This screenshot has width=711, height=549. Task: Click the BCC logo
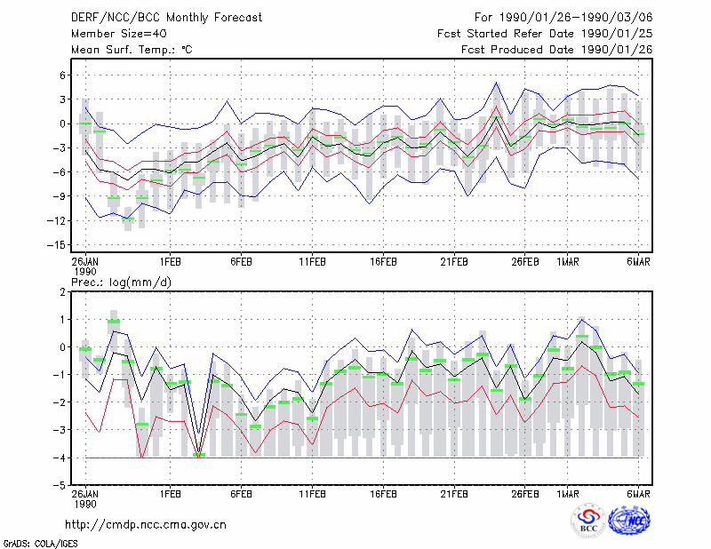588,521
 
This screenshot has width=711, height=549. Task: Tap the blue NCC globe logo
629,521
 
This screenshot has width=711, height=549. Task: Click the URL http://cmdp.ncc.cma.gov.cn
146,525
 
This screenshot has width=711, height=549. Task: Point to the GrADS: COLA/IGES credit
40,544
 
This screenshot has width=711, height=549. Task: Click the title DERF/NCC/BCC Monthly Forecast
166,18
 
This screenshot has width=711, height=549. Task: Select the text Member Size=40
119,34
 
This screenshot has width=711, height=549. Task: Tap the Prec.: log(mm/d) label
121,282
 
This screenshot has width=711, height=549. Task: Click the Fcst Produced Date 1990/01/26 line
557,50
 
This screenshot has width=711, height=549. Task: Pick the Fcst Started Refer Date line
545,34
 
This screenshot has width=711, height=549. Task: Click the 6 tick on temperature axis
62,76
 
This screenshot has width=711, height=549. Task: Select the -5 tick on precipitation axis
60,486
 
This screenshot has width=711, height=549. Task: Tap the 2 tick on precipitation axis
62,292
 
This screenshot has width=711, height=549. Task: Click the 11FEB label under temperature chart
312,262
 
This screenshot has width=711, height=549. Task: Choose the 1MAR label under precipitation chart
568,494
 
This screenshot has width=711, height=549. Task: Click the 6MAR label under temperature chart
638,262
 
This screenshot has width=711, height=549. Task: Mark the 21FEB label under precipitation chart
454,494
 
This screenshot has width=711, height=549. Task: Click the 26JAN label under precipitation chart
84,494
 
